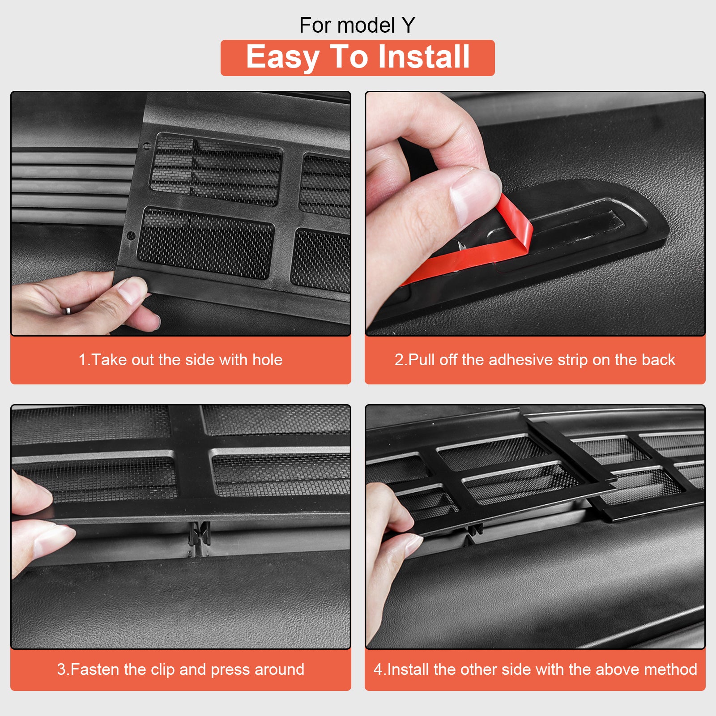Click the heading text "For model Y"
pyautogui.click(x=357, y=26)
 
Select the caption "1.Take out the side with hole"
pyautogui.click(x=180, y=360)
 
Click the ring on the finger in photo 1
pyautogui.click(x=67, y=310)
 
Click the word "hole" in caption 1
pyautogui.click(x=267, y=360)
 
